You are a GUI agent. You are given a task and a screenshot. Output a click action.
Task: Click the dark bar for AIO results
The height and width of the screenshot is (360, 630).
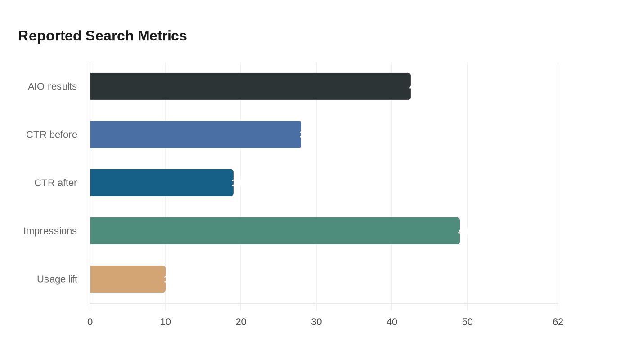pyautogui.click(x=250, y=86)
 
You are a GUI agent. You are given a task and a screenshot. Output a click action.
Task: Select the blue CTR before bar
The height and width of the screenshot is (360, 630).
pyautogui.click(x=196, y=135)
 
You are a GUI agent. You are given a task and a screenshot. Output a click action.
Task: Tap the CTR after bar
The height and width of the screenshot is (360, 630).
pyautogui.click(x=162, y=183)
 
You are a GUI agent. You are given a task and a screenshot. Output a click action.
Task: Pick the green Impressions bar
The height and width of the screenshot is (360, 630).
pyautogui.click(x=275, y=231)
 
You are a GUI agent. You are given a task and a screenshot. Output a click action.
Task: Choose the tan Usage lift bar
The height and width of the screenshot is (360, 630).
pyautogui.click(x=128, y=279)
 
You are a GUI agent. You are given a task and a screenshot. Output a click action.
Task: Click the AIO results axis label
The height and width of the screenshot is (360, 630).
pyautogui.click(x=52, y=86)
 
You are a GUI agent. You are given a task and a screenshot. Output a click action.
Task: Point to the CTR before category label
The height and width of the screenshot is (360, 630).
pyautogui.click(x=52, y=135)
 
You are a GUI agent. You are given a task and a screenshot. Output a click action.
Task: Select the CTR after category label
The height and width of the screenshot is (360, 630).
pyautogui.click(x=55, y=183)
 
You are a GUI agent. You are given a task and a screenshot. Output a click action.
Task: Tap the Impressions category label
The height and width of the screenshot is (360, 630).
pyautogui.click(x=50, y=231)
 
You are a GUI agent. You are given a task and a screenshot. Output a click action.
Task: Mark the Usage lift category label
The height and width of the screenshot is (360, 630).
pyautogui.click(x=57, y=279)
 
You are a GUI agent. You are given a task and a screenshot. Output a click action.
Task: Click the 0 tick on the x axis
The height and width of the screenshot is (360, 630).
pyautogui.click(x=90, y=322)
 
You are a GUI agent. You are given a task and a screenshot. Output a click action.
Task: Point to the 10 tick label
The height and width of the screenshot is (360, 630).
pyautogui.click(x=166, y=322)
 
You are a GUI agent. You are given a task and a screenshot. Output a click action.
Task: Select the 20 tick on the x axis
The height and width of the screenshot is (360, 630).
pyautogui.click(x=241, y=322)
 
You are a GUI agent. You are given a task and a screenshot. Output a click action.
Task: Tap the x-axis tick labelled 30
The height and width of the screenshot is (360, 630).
pyautogui.click(x=316, y=322)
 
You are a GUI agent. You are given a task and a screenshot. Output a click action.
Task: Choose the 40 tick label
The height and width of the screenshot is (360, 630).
pyautogui.click(x=392, y=322)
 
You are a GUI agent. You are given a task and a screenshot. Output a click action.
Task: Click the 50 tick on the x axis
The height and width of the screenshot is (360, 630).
pyautogui.click(x=468, y=322)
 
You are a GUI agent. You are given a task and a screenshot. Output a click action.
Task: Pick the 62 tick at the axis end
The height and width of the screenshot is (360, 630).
pyautogui.click(x=558, y=322)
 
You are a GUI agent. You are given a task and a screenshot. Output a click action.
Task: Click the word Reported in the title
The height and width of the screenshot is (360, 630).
pyautogui.click(x=50, y=36)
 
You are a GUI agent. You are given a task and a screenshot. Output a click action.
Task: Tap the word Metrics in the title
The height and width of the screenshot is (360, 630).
pyautogui.click(x=162, y=36)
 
